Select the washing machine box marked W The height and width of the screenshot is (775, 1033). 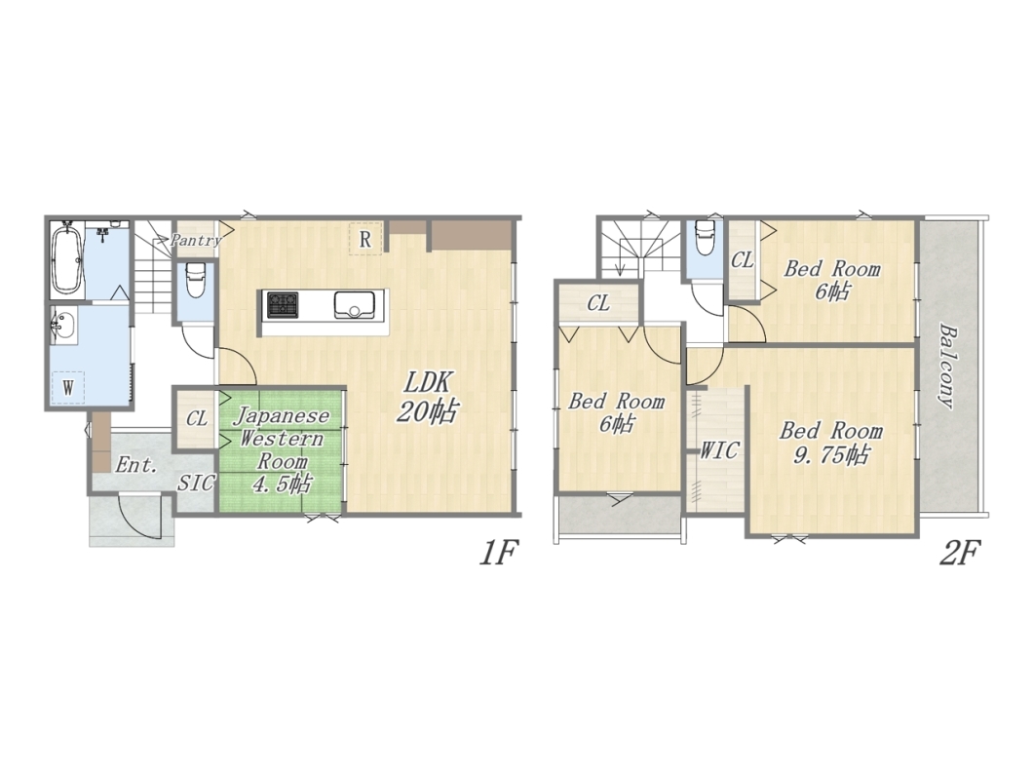click(x=68, y=387)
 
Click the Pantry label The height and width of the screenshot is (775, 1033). click(x=195, y=240)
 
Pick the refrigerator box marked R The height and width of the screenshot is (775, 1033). click(x=365, y=239)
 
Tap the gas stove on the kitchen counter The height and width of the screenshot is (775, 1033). click(x=282, y=305)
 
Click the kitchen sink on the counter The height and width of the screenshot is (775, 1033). click(x=355, y=305)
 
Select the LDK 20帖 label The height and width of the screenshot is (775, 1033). click(x=426, y=397)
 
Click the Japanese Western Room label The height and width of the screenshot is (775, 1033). click(x=282, y=439)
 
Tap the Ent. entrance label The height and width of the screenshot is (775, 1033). click(x=136, y=465)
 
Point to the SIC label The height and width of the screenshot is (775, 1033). click(x=196, y=484)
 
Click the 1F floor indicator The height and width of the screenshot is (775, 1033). click(x=499, y=553)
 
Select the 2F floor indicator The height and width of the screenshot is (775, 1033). click(x=959, y=553)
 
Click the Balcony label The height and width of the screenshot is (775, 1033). click(x=947, y=366)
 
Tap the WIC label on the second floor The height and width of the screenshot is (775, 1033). click(x=719, y=450)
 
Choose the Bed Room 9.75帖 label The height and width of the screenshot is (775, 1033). click(x=830, y=443)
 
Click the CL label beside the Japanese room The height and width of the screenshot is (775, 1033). click(x=196, y=419)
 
